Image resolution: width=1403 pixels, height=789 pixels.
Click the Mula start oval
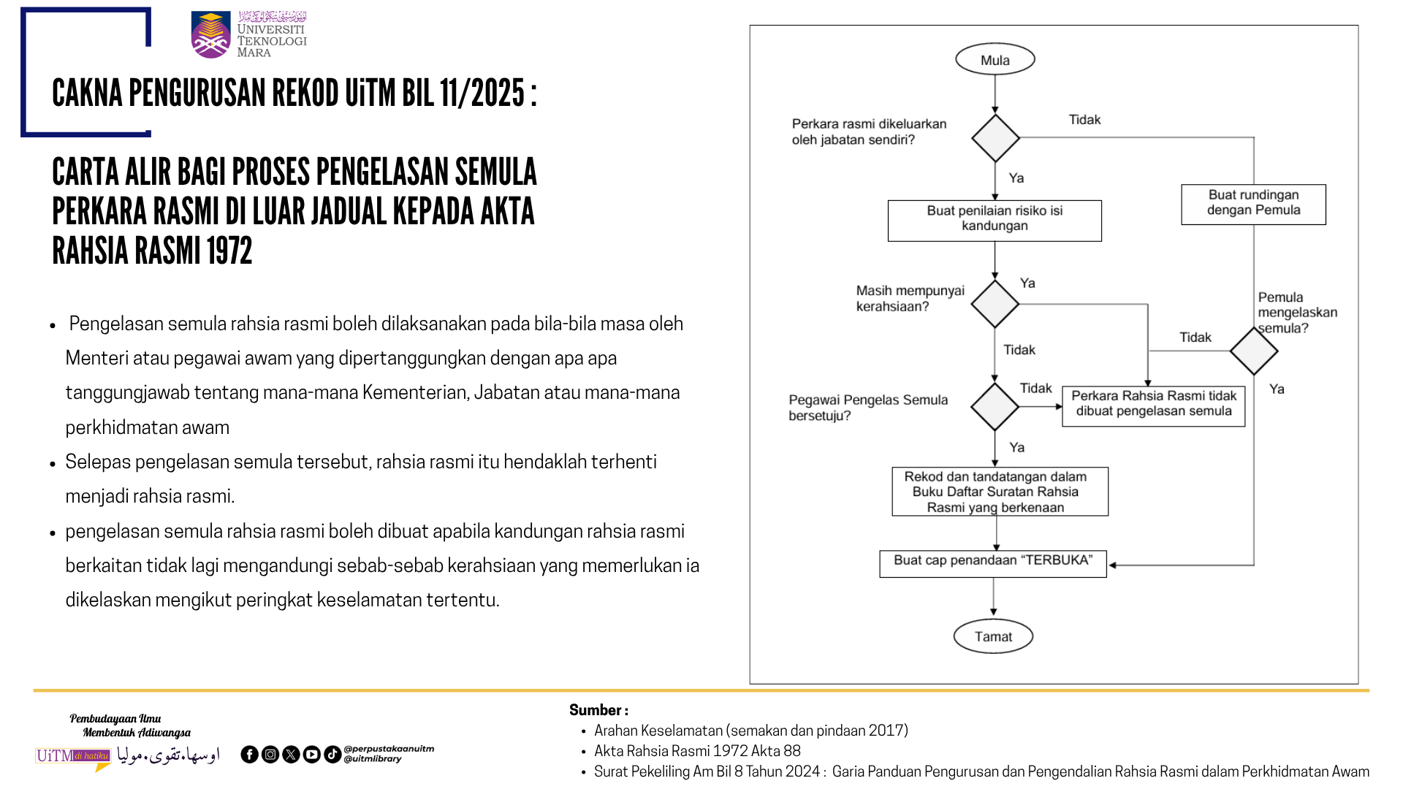(995, 60)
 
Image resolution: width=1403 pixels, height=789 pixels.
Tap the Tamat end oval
(993, 636)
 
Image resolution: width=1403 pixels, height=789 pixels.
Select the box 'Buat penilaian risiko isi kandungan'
(995, 220)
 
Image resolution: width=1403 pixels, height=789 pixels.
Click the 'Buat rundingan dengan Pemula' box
(1253, 204)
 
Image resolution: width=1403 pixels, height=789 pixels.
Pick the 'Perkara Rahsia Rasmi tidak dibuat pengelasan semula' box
(1153, 405)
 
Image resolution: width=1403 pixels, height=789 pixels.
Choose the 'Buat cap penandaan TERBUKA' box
(992, 563)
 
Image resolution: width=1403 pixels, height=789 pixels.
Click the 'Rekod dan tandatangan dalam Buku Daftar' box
(999, 492)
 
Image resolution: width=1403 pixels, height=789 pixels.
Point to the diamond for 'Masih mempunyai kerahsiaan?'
(995, 304)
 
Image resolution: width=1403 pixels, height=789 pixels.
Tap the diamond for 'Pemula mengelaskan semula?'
(1253, 351)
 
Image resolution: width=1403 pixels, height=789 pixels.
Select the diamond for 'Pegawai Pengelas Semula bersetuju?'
(995, 406)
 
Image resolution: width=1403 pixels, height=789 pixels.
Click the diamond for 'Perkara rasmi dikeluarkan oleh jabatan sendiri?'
(995, 137)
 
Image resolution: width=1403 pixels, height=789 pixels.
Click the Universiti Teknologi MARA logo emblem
(210, 35)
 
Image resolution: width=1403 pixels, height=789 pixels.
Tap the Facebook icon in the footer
(249, 755)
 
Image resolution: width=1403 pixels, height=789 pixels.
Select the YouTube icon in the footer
(311, 755)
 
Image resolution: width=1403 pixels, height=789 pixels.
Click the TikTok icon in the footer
(332, 755)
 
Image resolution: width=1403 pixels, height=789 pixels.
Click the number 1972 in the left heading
(229, 251)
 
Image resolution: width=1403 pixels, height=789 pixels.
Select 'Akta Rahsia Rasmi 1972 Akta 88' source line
(697, 751)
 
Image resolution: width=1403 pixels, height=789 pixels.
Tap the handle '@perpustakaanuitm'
(389, 749)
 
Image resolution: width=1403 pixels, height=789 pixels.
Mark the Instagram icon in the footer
(270, 755)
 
